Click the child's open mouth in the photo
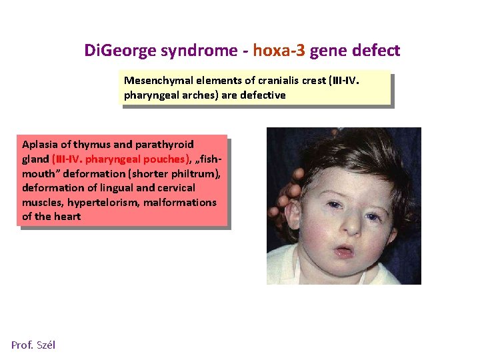coord(344,252)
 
